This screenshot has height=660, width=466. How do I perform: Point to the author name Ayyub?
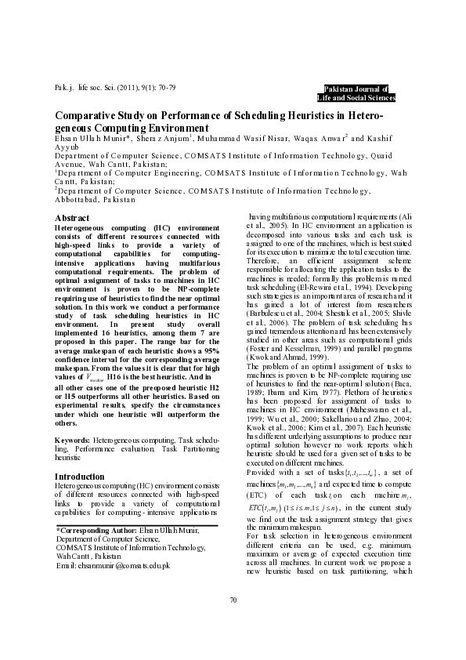coord(67,147)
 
